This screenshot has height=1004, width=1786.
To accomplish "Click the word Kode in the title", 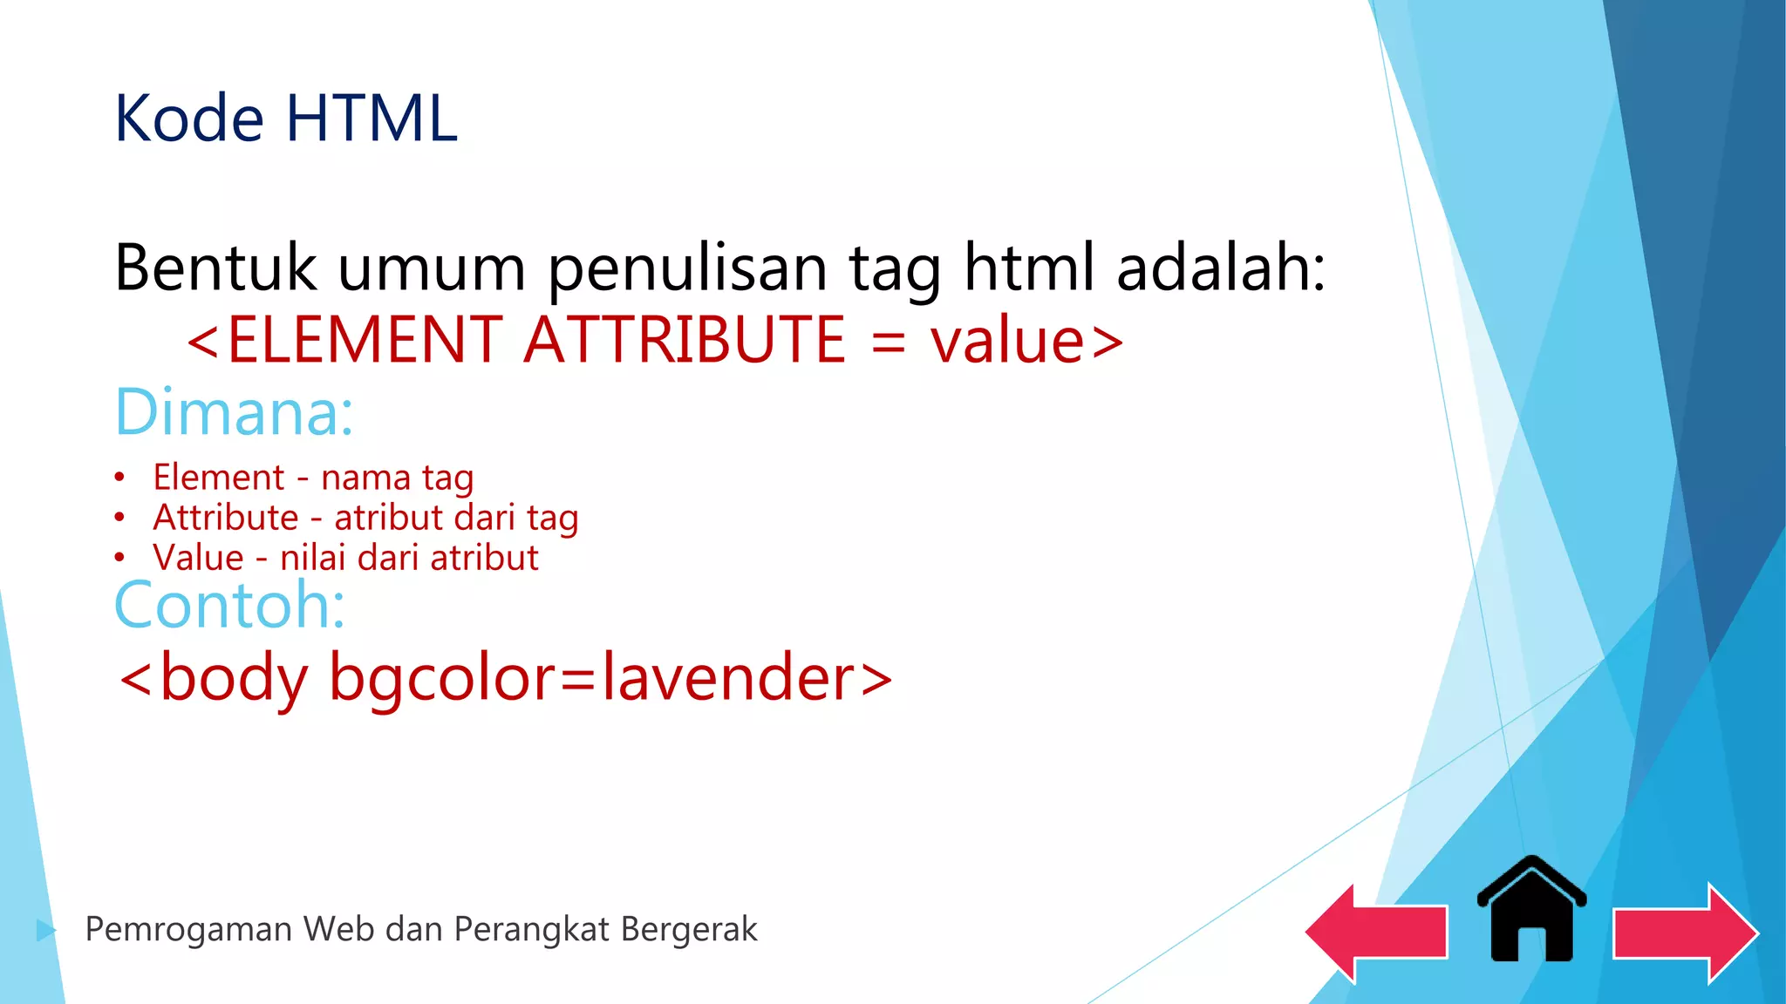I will click(x=189, y=119).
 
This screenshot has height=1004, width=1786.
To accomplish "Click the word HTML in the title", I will click(x=372, y=119).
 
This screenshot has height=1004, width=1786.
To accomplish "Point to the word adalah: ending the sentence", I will click(x=1221, y=268).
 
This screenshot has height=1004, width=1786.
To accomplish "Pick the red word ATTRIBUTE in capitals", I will click(x=685, y=339).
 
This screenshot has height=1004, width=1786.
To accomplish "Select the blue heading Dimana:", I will click(x=235, y=412).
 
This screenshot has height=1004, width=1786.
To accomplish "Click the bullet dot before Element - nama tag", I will click(x=119, y=478).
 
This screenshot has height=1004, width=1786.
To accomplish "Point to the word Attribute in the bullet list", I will click(x=226, y=518).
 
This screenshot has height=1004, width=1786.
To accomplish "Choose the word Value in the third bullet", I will click(x=198, y=558).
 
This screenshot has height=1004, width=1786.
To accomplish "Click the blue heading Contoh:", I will click(x=230, y=604).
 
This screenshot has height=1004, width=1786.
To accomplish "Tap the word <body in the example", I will click(x=214, y=678).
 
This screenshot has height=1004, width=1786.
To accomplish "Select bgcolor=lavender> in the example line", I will click(x=610, y=678).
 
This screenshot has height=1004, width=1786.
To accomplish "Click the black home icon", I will click(x=1531, y=911).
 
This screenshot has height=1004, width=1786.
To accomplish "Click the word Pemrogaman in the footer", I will click(x=187, y=930).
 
